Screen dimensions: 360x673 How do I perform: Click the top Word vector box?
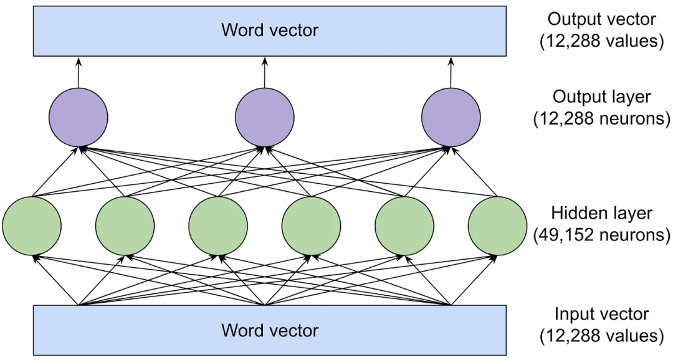coord(269,30)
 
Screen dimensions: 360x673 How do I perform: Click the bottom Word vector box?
coord(269,330)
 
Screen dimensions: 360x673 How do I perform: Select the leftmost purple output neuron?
coord(78,118)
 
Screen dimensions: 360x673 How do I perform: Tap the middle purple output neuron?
coord(264,118)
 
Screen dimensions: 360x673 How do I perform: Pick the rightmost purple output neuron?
coord(451,118)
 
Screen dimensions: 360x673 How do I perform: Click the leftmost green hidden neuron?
coord(32,225)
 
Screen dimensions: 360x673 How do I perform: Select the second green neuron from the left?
coord(125,225)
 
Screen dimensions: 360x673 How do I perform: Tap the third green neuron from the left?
coord(218,225)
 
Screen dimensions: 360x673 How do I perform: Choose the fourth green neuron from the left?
coord(311,225)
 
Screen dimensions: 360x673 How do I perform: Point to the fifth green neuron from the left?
coord(404,225)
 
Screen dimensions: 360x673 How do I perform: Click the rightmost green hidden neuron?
coord(497,225)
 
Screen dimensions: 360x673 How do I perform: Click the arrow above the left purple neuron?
coord(78,72)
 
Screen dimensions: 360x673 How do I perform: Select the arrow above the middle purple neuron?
coord(264,72)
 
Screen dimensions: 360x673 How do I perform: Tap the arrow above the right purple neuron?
coord(451,72)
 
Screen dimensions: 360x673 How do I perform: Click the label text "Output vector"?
coord(601,19)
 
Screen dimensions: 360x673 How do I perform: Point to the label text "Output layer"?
coord(601,97)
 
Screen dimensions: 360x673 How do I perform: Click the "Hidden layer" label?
coord(601,213)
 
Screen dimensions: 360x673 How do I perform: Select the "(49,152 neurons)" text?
coord(601,235)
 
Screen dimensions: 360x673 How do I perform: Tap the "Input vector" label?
coord(601,314)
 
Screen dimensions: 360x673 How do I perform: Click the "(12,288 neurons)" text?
coord(601,118)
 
